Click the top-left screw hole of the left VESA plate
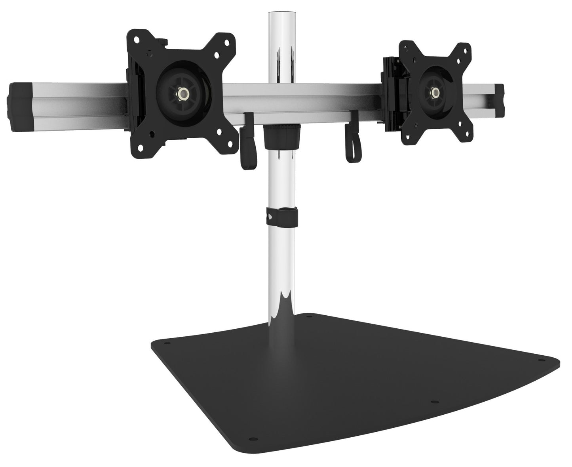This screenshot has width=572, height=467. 137,40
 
